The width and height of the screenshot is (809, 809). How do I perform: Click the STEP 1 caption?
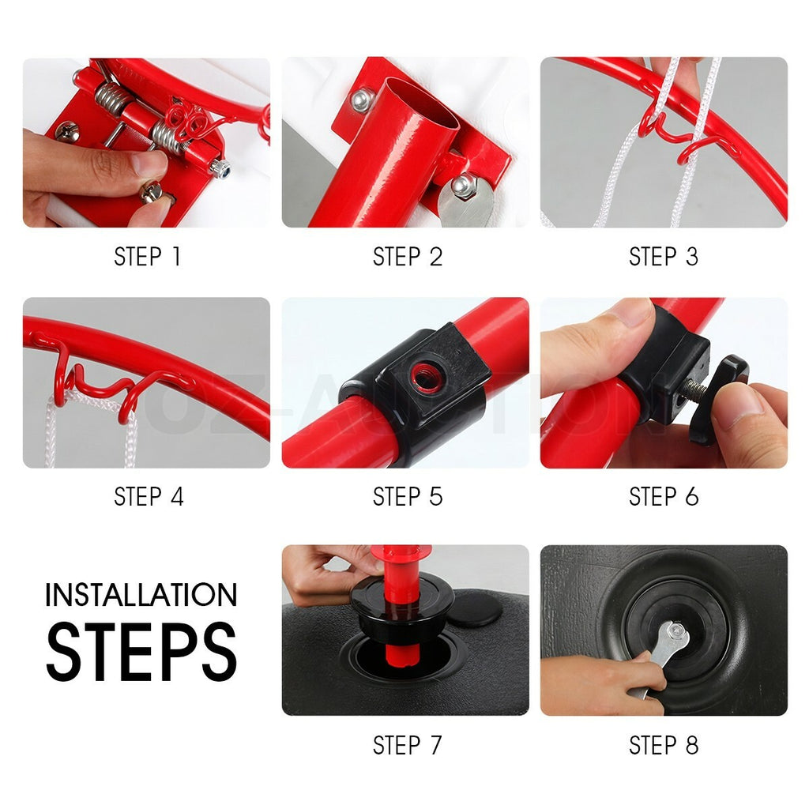click(x=147, y=257)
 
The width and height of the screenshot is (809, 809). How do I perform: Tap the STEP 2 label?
click(x=408, y=257)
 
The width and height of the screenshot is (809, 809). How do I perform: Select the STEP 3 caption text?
click(x=664, y=257)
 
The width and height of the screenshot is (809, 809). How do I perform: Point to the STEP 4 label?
click(x=149, y=496)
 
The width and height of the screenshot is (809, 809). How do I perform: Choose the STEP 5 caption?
click(x=408, y=496)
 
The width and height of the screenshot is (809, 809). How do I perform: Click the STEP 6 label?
click(x=664, y=496)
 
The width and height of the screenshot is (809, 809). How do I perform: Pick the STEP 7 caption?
click(x=408, y=745)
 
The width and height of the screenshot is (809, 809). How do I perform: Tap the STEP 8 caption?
click(x=664, y=745)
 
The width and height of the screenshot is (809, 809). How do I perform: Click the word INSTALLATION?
click(x=141, y=595)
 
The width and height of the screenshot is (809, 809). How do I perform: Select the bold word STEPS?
click(x=141, y=651)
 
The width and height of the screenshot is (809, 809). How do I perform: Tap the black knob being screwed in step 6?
click(x=719, y=398)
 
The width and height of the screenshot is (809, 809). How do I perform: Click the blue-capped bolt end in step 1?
click(x=220, y=168)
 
